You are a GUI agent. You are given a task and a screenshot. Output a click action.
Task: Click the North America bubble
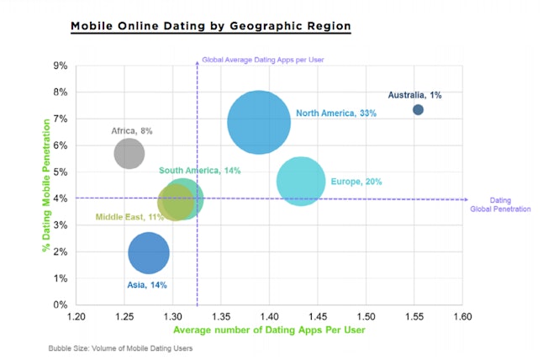pyautogui.click(x=259, y=122)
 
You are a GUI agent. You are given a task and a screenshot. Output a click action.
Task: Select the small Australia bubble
pyautogui.click(x=418, y=110)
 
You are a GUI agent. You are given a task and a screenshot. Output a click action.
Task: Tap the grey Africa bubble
pyautogui.click(x=129, y=153)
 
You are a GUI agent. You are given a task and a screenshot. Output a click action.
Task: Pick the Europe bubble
pyautogui.click(x=301, y=182)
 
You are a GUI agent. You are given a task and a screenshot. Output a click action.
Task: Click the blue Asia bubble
pyautogui.click(x=149, y=252)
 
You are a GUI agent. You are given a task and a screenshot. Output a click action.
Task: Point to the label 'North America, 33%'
pyautogui.click(x=335, y=114)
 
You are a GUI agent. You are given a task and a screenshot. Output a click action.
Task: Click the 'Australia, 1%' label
pyautogui.click(x=414, y=94)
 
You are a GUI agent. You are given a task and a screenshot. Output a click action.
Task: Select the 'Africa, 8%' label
pyautogui.click(x=132, y=131)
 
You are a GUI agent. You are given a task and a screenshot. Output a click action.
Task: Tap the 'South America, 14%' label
pyautogui.click(x=200, y=171)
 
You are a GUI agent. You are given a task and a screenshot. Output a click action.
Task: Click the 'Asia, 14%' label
pyautogui.click(x=146, y=285)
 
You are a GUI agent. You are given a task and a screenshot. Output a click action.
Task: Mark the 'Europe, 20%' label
pyautogui.click(x=357, y=182)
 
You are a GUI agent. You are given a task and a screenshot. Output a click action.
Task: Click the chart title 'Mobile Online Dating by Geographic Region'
pyautogui.click(x=210, y=26)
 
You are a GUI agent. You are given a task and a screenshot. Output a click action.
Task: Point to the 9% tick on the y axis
pyautogui.click(x=61, y=66)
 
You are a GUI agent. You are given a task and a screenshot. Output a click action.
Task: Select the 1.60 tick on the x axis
pyautogui.click(x=462, y=316)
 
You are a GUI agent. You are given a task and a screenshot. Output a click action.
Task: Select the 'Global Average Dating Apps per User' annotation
pyautogui.click(x=262, y=60)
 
